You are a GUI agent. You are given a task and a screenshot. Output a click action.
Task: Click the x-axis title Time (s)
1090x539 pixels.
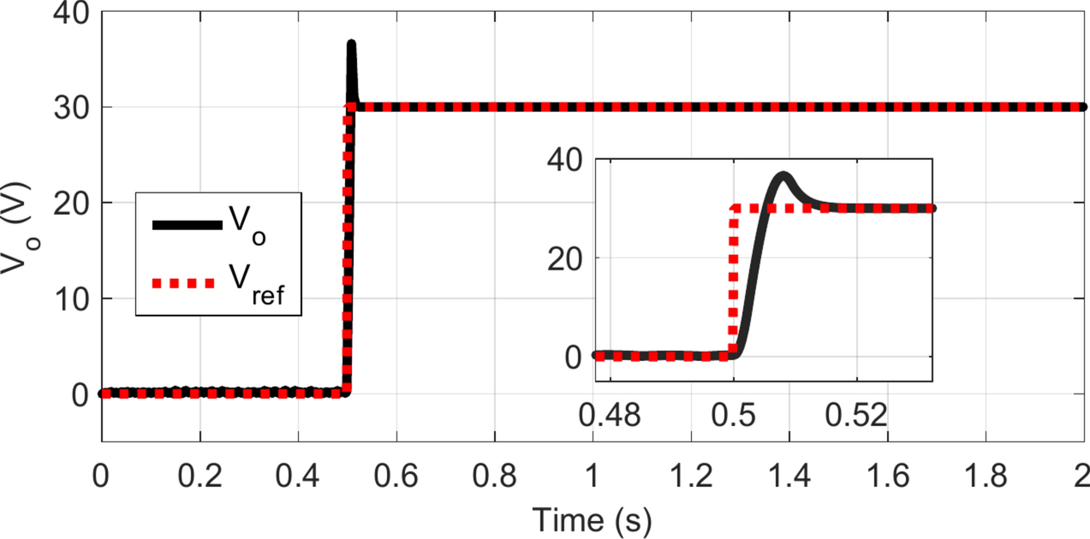coord(591,518)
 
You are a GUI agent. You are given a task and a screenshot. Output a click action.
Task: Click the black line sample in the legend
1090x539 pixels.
coord(186,224)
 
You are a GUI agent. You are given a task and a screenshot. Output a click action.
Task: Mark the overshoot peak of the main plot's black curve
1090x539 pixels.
coord(351,44)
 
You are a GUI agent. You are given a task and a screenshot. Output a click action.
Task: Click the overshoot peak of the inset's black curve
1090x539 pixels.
coord(783,175)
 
